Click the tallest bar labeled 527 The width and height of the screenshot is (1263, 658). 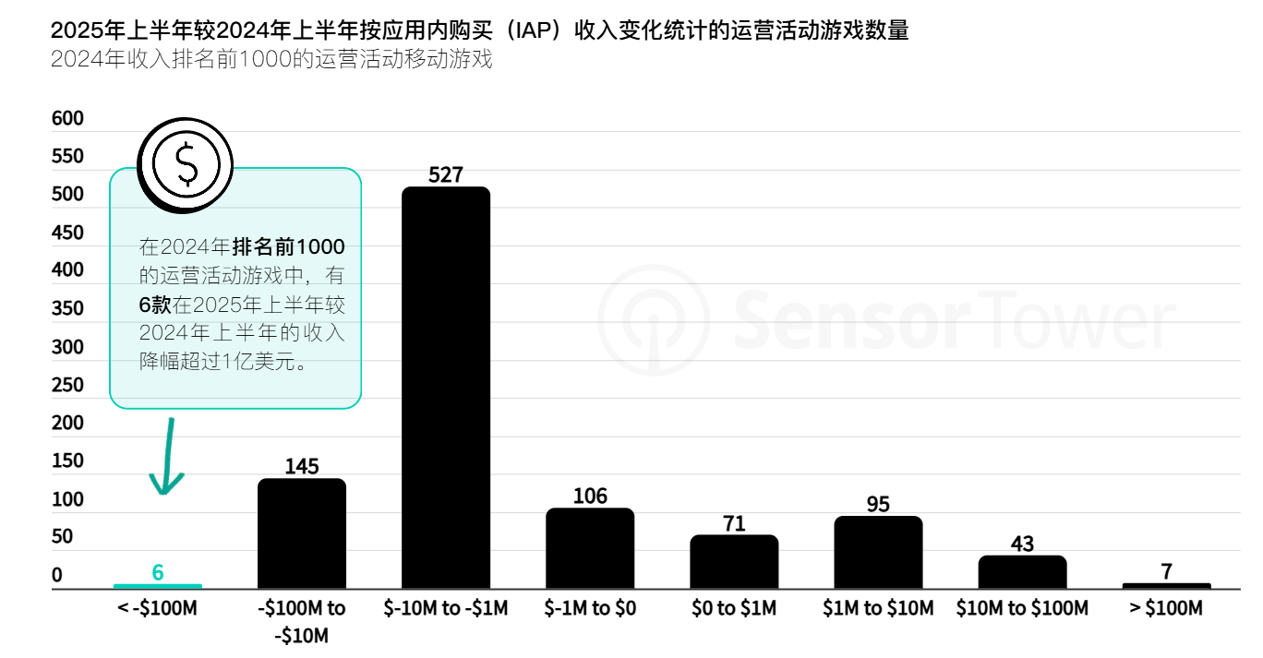click(446, 388)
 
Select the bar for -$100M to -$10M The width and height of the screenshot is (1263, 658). click(302, 533)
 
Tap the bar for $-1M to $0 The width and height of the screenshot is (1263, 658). click(590, 548)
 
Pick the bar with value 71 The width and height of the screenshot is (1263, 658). click(734, 561)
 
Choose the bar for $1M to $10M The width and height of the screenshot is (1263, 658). click(878, 552)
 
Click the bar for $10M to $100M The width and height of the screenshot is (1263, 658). click(1022, 572)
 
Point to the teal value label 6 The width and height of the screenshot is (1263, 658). click(158, 572)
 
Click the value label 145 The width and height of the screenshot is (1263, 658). click(302, 466)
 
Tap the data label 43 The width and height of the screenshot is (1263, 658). click(1022, 544)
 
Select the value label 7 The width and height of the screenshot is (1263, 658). click(1166, 571)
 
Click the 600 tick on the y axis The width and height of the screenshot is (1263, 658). click(67, 119)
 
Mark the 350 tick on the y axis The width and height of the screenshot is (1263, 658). click(67, 309)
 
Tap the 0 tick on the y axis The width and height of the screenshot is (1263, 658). click(56, 575)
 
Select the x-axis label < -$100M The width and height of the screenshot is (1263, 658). click(158, 608)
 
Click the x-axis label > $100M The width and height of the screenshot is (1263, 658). click(1166, 608)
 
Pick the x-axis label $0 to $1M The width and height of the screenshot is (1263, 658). click(734, 608)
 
